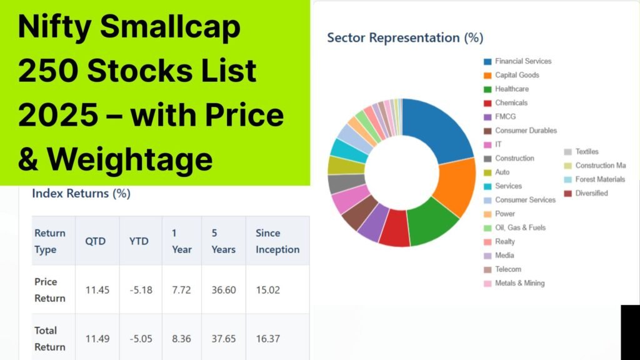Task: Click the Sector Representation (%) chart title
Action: tap(405, 37)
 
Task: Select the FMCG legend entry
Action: tap(500, 117)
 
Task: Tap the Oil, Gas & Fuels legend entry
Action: tap(515, 227)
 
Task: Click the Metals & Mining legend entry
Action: tap(514, 283)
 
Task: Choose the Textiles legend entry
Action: tap(581, 152)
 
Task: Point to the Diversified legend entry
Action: tap(586, 194)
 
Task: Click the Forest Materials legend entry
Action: tap(595, 179)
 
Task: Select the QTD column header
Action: tap(96, 241)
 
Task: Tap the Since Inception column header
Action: tap(277, 241)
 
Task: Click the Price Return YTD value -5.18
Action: tap(141, 290)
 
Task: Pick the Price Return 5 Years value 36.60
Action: tap(224, 290)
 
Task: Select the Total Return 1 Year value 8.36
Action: tap(181, 339)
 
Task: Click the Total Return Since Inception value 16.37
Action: tap(267, 339)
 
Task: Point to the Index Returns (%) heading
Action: tap(81, 194)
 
